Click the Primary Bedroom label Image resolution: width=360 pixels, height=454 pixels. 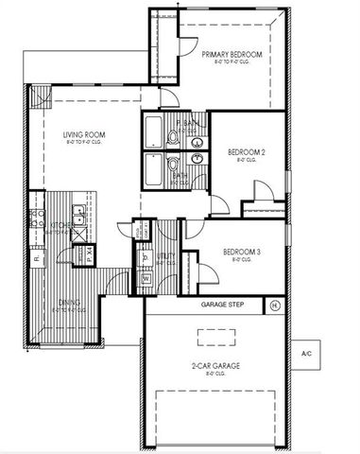pos(231,56)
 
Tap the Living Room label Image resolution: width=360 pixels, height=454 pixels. pos(84,135)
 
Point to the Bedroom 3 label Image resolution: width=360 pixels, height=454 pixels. pos(243,252)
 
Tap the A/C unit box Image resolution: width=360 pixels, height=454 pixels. pos(306,353)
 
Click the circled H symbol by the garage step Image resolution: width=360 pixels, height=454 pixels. pos(274,306)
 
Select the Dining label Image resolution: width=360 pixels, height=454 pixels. pos(69,303)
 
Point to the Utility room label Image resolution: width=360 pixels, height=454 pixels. pos(166,255)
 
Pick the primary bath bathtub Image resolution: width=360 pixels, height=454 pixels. pos(154,131)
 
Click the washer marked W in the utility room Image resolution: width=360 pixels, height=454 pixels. pos(146,279)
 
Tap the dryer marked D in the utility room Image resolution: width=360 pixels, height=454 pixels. pos(146,256)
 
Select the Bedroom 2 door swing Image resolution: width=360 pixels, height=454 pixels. pos(262,191)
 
